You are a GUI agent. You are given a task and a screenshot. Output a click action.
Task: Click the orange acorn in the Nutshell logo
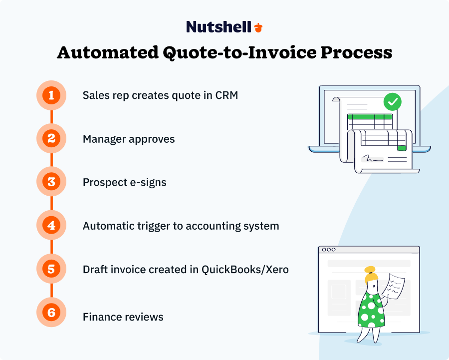point(258,27)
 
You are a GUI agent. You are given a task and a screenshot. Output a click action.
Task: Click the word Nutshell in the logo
point(219,27)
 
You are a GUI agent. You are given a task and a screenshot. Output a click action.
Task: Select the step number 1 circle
point(51,95)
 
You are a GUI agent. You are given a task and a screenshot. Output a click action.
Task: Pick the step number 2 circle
point(51,138)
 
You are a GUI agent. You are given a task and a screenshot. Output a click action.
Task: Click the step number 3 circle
point(51,182)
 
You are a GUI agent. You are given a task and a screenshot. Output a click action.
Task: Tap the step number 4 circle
point(51,226)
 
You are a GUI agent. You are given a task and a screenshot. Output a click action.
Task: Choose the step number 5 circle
point(51,270)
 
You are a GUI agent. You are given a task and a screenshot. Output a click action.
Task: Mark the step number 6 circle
point(51,313)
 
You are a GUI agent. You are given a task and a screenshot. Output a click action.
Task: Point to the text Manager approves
point(129,139)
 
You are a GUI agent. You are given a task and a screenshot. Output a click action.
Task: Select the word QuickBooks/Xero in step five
point(245,270)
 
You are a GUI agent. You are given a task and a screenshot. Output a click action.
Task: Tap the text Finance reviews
point(123,317)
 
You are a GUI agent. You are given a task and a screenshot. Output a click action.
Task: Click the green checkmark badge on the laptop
point(392,102)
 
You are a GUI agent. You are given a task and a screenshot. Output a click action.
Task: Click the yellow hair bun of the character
point(370,270)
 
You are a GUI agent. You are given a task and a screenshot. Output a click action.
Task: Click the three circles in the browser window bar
point(329,250)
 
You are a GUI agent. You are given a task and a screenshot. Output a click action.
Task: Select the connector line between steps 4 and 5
point(51,248)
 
